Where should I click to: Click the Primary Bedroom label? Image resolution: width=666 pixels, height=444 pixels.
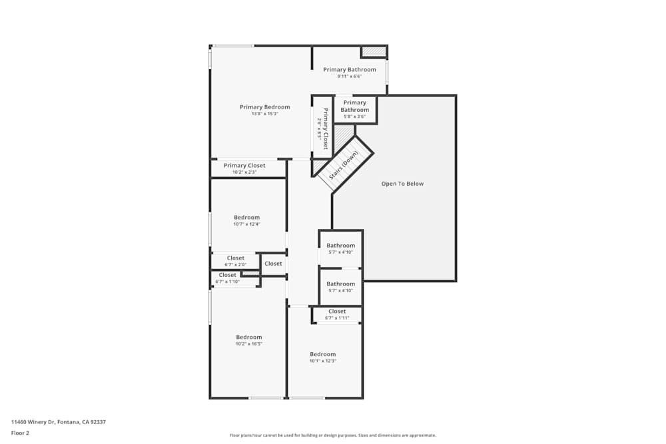[264, 107]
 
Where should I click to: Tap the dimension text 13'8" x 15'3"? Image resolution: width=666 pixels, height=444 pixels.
[264, 114]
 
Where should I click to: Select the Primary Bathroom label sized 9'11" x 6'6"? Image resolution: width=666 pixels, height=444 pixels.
[349, 69]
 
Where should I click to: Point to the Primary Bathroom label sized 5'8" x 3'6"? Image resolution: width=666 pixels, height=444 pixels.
[354, 106]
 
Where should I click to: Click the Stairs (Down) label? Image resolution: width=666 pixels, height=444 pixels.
[344, 166]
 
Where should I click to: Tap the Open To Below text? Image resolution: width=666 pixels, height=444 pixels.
[402, 184]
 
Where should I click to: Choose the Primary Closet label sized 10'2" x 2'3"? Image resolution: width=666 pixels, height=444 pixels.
[244, 166]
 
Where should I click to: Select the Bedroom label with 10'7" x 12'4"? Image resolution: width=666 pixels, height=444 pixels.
[246, 218]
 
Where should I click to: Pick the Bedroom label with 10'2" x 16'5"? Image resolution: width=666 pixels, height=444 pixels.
[249, 337]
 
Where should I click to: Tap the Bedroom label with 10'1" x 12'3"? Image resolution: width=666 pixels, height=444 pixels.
[322, 354]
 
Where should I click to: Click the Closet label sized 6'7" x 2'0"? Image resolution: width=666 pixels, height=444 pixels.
[235, 258]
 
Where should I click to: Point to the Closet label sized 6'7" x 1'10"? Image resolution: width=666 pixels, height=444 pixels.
[227, 275]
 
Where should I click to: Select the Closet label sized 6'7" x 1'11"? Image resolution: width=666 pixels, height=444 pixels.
[337, 312]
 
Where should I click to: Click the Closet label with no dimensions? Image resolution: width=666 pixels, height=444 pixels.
[273, 264]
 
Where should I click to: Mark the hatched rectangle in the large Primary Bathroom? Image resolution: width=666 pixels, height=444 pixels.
[374, 51]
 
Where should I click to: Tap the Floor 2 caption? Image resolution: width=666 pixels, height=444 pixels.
[20, 433]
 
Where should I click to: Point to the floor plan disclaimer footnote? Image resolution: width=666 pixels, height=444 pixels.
[332, 435]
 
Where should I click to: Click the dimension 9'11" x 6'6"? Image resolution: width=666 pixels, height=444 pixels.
[349, 76]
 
